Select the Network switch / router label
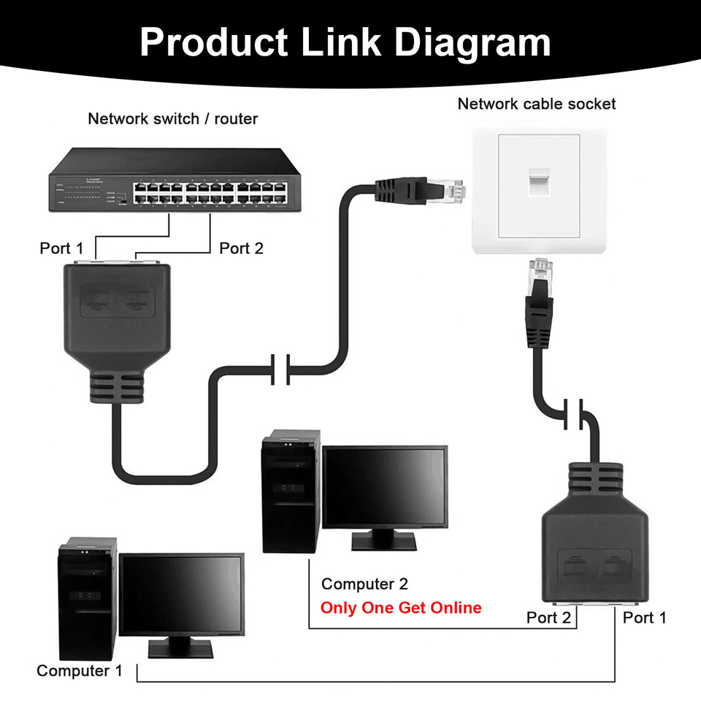(x=172, y=118)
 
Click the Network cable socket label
(x=536, y=104)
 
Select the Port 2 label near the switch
(x=241, y=248)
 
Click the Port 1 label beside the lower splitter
(x=644, y=618)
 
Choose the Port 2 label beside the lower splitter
(x=548, y=618)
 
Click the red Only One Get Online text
(x=401, y=608)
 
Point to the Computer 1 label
(x=80, y=670)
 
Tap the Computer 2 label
(x=364, y=584)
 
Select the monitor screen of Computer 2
(x=384, y=487)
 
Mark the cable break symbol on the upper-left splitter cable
(x=281, y=370)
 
